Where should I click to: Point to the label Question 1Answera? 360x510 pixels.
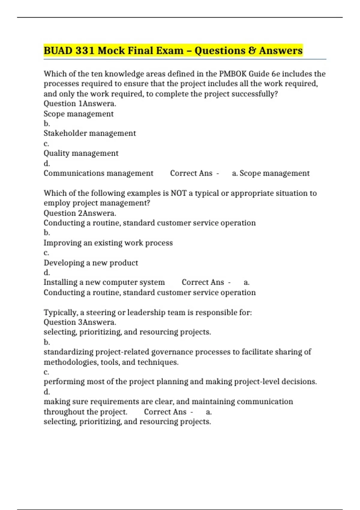point(80,104)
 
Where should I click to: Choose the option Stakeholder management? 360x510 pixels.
point(90,133)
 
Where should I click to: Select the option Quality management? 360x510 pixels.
point(81,153)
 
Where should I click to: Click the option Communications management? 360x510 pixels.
point(98,173)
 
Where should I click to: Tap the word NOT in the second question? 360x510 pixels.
point(178,193)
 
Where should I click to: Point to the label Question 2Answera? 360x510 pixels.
point(80,213)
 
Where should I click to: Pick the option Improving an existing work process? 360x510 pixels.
point(108,243)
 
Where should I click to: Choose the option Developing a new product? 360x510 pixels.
point(91,263)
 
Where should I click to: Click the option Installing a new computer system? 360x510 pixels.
point(104,282)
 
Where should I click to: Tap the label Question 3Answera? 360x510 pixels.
point(80,322)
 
